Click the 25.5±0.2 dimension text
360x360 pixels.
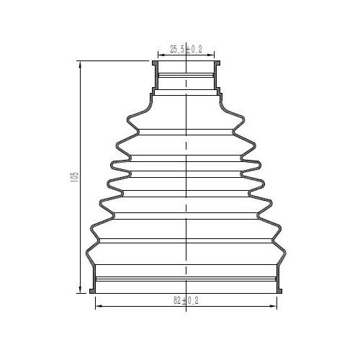pos(186,49)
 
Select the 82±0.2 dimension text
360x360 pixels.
pos(186,300)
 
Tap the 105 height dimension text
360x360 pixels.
pos(75,177)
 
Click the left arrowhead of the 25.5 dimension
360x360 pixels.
pos(161,55)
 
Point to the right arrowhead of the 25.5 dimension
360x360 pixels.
pos(211,55)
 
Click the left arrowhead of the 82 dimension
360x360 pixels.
pos(99,306)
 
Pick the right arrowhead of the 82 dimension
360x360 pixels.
pos(274,306)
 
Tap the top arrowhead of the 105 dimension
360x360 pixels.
pos(80,64)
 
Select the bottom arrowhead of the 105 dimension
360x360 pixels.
pos(80,289)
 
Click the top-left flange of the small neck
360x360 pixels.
pos(155,63)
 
